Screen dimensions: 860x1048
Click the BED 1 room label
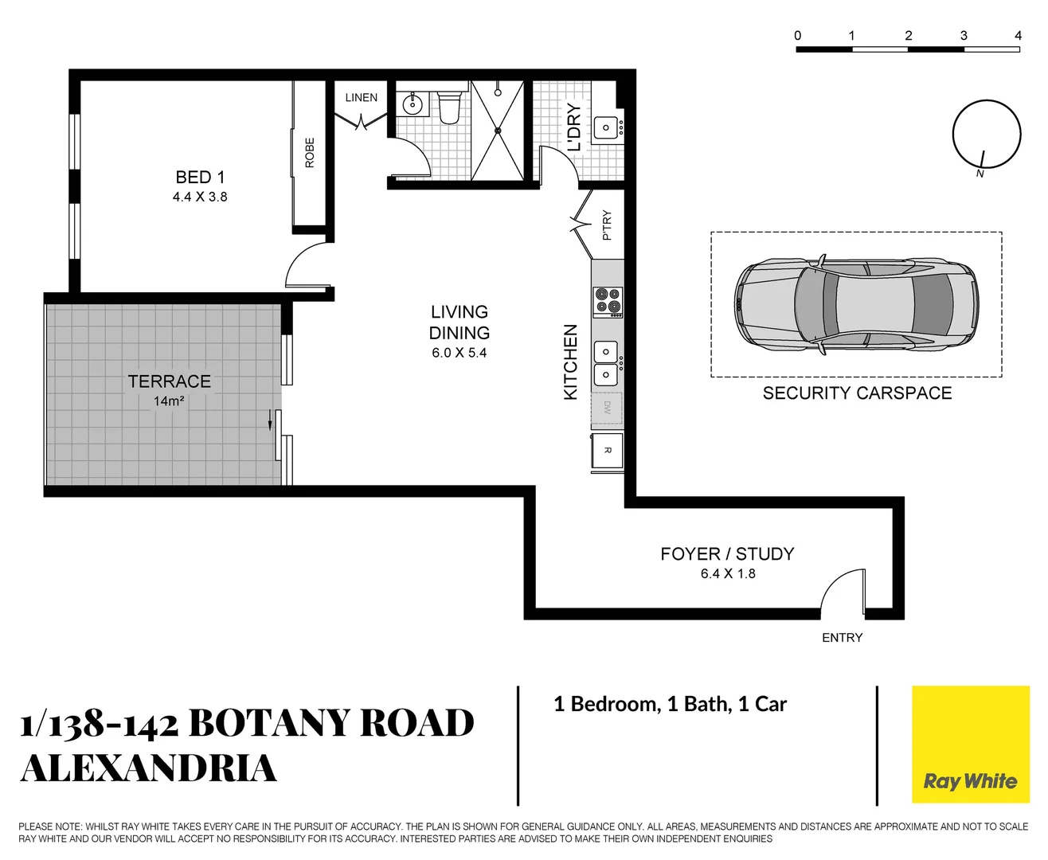(200, 178)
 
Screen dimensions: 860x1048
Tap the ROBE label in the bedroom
(310, 152)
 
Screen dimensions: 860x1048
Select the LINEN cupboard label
(361, 97)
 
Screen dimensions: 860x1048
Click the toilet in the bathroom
(449, 107)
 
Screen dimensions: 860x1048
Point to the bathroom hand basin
(413, 104)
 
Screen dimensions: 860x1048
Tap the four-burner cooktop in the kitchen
(608, 301)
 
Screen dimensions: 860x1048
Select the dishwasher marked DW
(607, 408)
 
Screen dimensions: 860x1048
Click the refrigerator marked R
(607, 451)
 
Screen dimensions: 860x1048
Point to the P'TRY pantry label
(607, 225)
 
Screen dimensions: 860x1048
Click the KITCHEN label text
(570, 362)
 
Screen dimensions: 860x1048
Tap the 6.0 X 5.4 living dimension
(459, 353)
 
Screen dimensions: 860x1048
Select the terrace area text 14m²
(169, 401)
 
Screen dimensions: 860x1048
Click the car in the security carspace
(855, 304)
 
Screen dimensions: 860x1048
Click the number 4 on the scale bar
(1018, 36)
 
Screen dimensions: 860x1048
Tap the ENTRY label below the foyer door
(842, 638)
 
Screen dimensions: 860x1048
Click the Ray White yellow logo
(970, 744)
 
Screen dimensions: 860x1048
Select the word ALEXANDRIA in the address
(149, 768)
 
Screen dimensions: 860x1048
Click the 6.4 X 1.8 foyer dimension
(728, 574)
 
